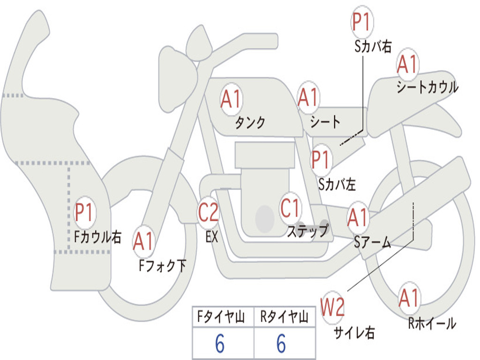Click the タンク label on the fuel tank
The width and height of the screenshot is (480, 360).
(250, 122)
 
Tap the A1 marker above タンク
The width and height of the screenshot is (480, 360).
(231, 99)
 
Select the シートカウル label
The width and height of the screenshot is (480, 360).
(427, 87)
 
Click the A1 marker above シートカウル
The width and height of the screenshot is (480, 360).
(407, 65)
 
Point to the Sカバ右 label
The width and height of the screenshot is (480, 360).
(373, 46)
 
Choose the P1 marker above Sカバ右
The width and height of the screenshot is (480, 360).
(362, 22)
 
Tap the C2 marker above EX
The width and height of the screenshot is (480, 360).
(208, 211)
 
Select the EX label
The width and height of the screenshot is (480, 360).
(212, 237)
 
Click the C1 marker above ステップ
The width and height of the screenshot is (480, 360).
(290, 208)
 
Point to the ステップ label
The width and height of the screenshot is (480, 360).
(308, 231)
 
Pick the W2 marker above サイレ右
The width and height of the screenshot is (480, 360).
(332, 307)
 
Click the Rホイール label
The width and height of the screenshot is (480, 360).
(432, 323)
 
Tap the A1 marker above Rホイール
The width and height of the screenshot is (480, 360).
(409, 298)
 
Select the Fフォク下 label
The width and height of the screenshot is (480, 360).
(162, 266)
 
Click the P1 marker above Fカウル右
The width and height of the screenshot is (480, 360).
(85, 212)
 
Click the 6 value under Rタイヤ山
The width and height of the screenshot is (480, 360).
(281, 343)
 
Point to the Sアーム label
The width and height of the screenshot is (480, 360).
(373, 242)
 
